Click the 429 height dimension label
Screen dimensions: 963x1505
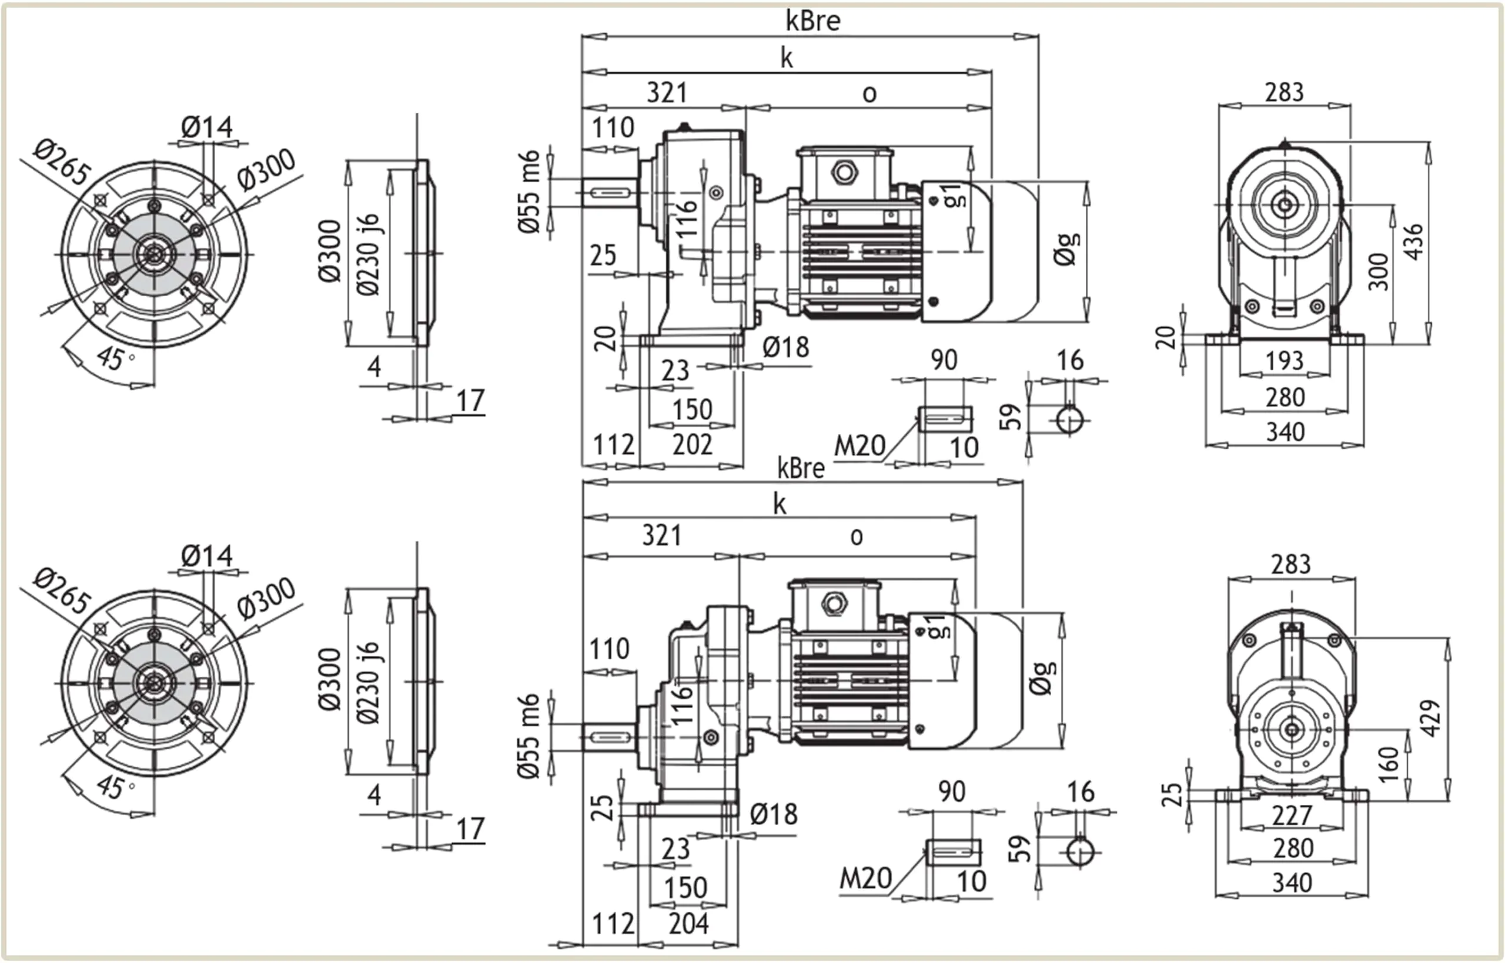1430,718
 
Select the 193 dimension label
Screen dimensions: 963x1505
1284,361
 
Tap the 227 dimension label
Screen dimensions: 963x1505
1292,816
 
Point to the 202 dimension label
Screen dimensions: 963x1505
692,445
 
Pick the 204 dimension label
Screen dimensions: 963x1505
688,924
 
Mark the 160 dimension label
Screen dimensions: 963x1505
1387,764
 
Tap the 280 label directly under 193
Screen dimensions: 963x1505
1285,397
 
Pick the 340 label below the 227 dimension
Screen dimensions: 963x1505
1292,883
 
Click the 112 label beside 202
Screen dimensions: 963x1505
613,445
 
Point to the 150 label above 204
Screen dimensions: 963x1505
685,888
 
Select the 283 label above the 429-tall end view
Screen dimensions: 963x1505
1290,564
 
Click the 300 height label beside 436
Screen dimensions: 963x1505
1378,272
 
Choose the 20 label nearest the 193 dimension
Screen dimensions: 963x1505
1165,338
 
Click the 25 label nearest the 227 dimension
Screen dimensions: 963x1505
1172,795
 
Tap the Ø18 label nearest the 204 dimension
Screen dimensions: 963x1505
773,814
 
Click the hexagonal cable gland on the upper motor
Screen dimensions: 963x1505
844,172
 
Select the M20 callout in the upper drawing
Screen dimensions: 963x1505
859,447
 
